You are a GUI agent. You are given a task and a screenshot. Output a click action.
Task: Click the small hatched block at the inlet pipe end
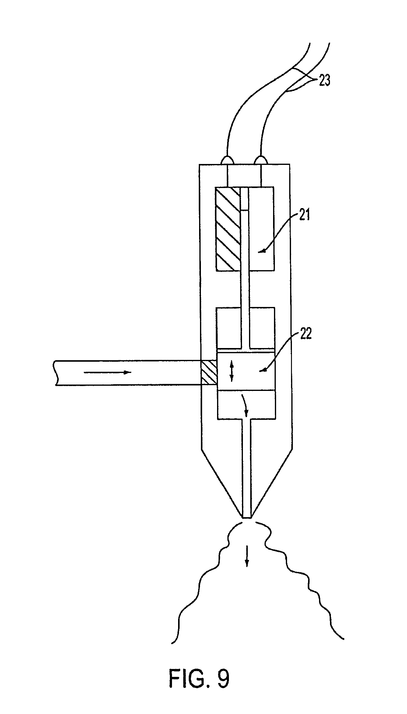pyautogui.click(x=209, y=373)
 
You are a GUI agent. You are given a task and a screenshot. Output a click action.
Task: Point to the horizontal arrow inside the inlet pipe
pyautogui.click(x=107, y=372)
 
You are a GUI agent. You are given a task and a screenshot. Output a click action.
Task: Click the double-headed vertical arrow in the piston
pyautogui.click(x=231, y=371)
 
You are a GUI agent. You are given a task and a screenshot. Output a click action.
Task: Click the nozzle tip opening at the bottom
pyautogui.click(x=247, y=517)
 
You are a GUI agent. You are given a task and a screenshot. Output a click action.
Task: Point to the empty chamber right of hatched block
pyautogui.click(x=261, y=229)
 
